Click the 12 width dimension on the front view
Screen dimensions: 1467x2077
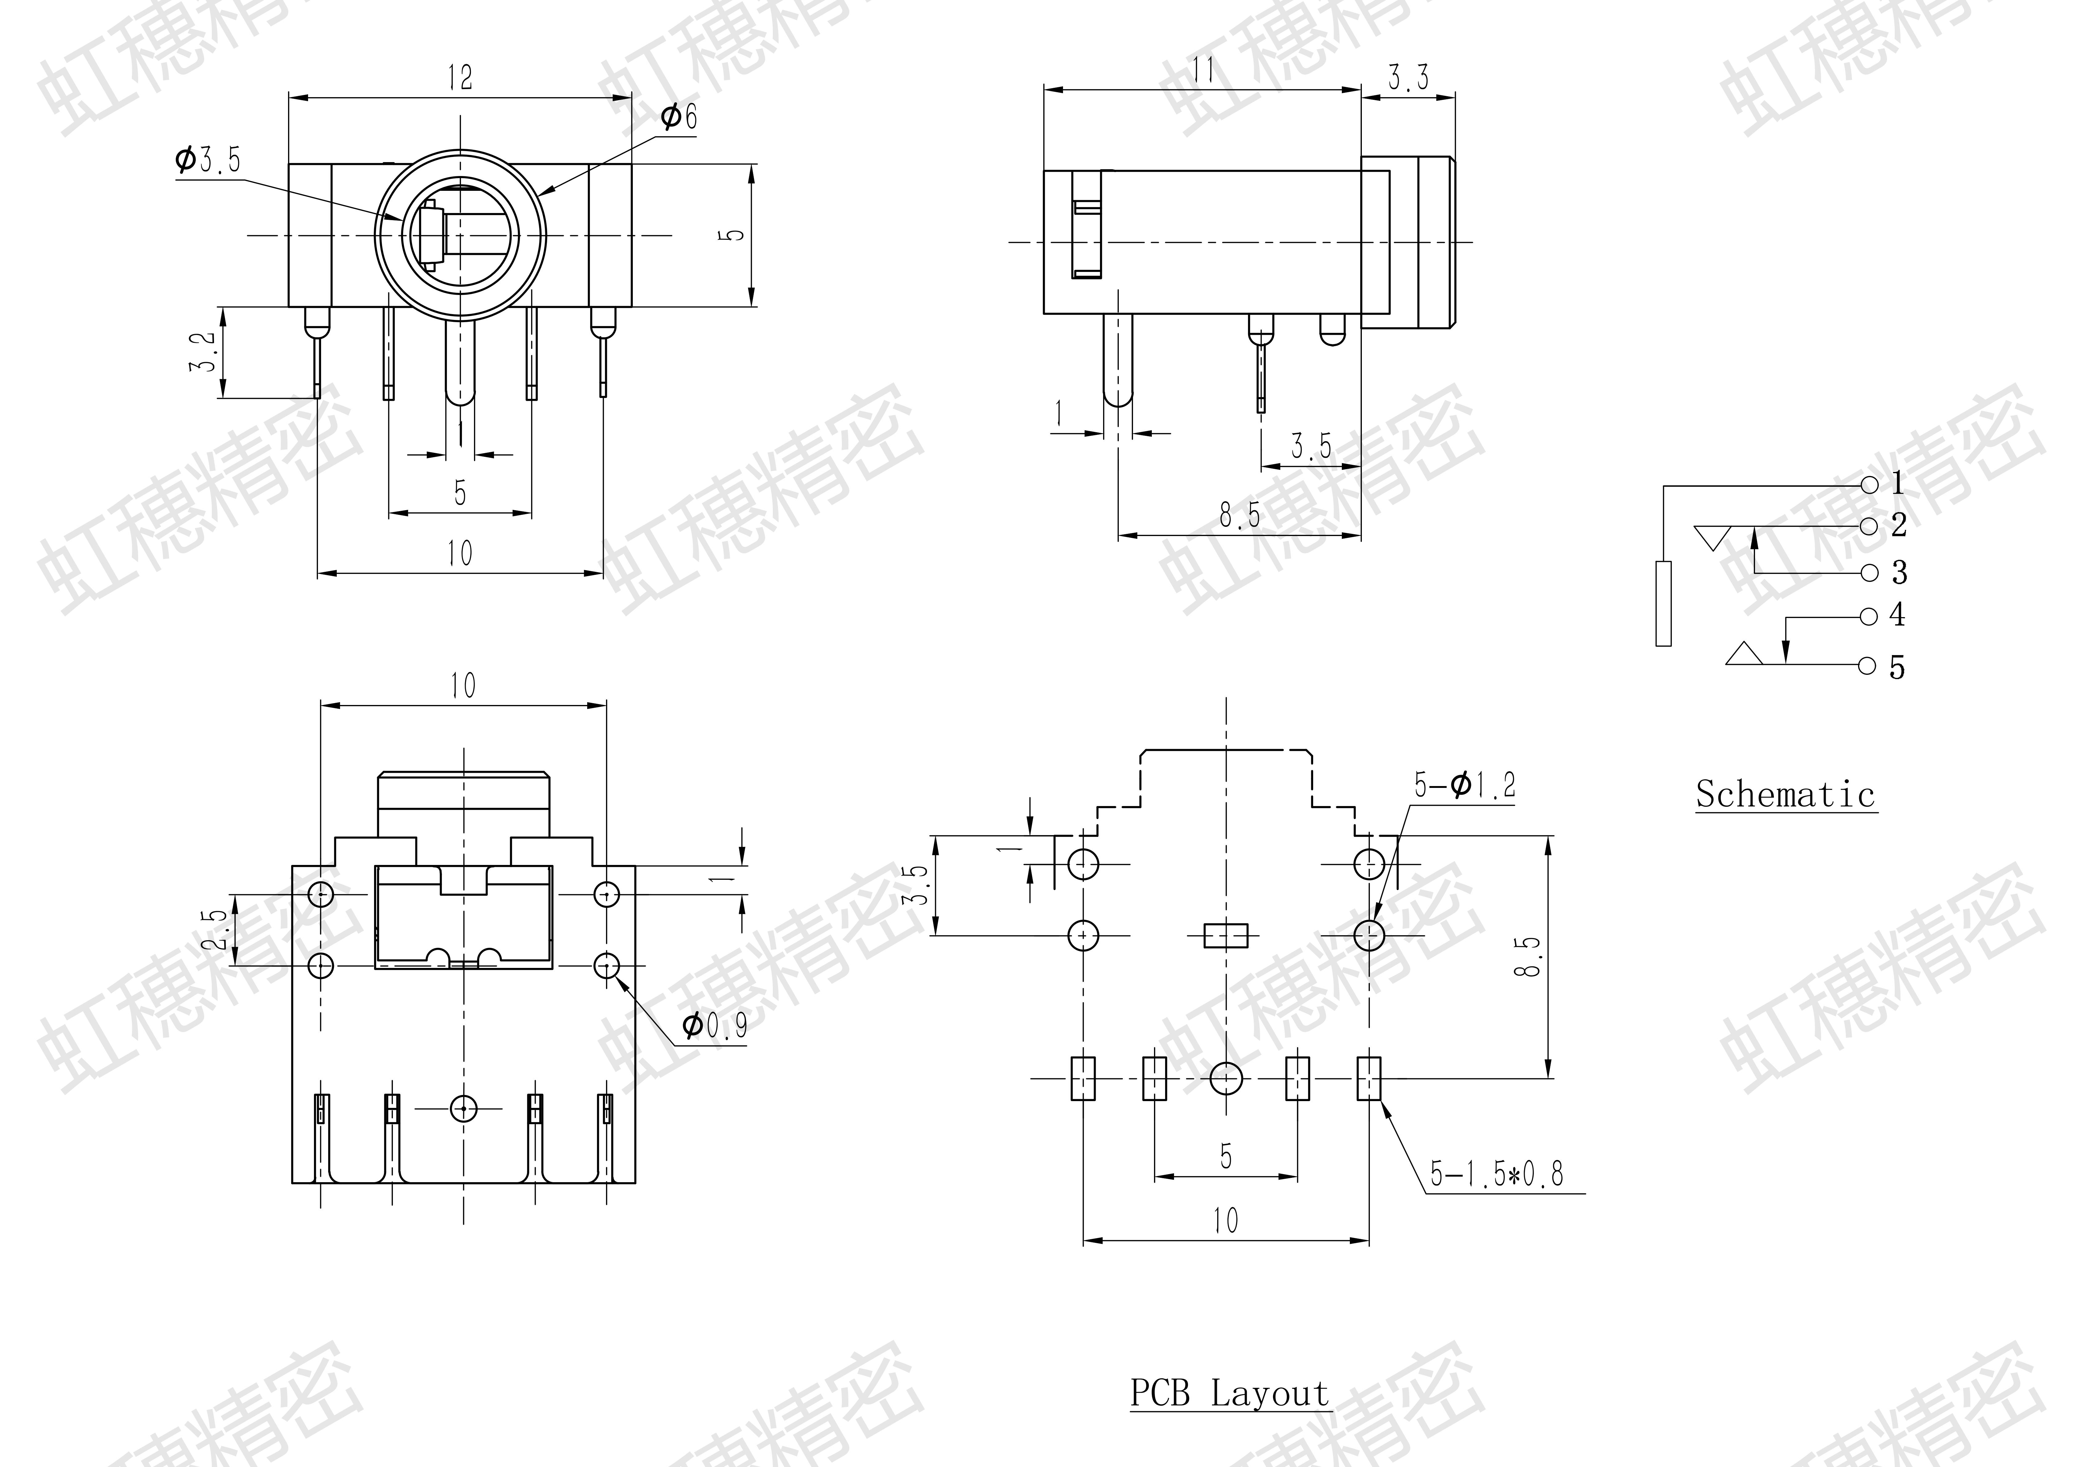click(459, 78)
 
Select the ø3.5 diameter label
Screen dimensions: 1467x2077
click(208, 160)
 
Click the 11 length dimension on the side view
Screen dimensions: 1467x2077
click(1203, 71)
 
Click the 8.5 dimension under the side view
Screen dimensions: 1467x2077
click(1239, 515)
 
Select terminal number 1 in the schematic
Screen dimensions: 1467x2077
click(1897, 484)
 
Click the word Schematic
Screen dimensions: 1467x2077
click(1785, 795)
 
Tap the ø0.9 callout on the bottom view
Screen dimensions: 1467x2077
click(715, 1026)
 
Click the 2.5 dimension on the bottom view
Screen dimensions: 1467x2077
click(215, 930)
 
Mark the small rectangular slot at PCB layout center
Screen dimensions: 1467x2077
click(1226, 935)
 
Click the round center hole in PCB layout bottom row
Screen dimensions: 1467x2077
click(1226, 1078)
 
